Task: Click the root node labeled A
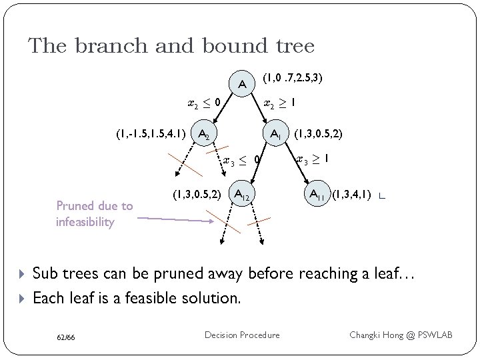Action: point(243,84)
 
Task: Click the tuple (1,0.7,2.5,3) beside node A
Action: point(293,78)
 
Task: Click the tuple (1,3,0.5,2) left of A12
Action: point(197,195)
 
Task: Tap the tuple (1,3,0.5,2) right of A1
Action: point(319,134)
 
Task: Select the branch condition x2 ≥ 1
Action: point(280,103)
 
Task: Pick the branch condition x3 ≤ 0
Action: point(241,160)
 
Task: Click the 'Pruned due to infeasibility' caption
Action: point(94,214)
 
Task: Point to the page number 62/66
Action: point(65,337)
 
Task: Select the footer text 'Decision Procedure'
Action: point(242,335)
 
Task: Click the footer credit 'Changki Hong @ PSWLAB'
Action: point(401,335)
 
